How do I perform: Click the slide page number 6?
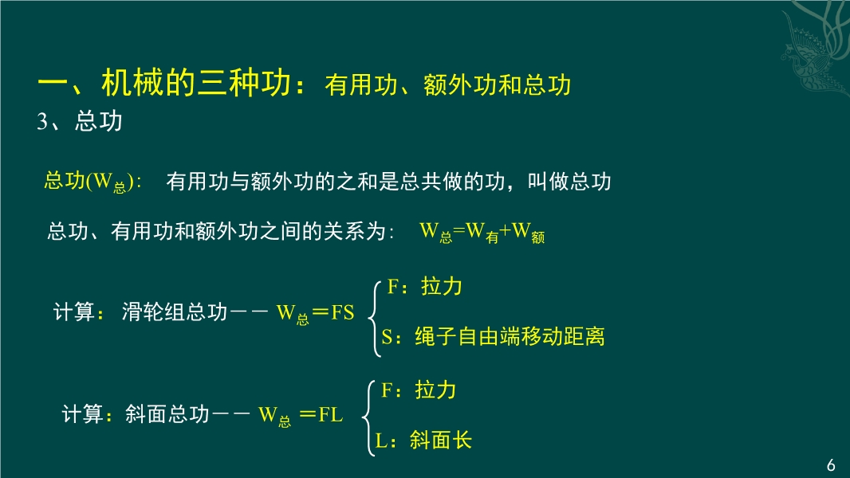click(x=831, y=465)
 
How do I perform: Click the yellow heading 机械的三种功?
click(x=197, y=83)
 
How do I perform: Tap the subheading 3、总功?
click(x=80, y=121)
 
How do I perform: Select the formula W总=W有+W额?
click(x=482, y=233)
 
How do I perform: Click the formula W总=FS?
click(x=315, y=313)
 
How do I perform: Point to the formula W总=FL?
click(x=301, y=415)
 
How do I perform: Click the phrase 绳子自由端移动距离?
click(x=510, y=336)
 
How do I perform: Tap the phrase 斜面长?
click(x=441, y=440)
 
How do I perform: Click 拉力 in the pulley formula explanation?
click(x=442, y=286)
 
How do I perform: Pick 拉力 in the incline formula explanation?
click(x=435, y=390)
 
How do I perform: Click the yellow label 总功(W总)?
click(x=92, y=182)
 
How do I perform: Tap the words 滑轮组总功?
click(x=175, y=311)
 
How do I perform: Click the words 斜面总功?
click(x=167, y=414)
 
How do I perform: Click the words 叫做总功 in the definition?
click(x=569, y=182)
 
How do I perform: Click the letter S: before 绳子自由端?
click(x=392, y=337)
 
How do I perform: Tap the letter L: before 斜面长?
click(x=386, y=441)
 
